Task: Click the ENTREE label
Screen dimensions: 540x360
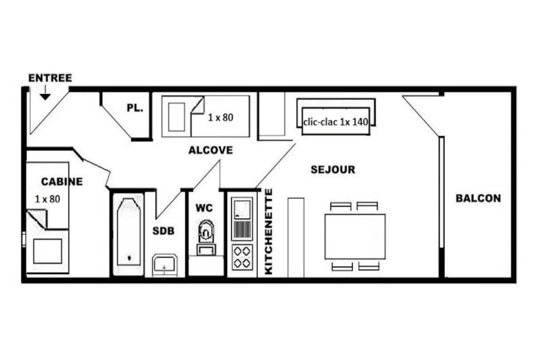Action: click(x=50, y=78)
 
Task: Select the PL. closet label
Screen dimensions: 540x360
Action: click(x=135, y=108)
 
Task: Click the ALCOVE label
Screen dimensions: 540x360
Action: click(x=210, y=150)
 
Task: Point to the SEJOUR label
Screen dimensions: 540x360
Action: click(x=333, y=170)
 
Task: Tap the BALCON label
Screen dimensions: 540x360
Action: click(x=478, y=199)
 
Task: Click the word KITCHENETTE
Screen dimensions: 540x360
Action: click(x=269, y=231)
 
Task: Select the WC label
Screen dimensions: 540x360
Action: click(x=204, y=208)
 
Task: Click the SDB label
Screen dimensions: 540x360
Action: click(x=163, y=231)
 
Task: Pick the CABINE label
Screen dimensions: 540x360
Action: click(x=62, y=182)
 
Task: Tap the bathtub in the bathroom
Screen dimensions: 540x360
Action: click(x=129, y=231)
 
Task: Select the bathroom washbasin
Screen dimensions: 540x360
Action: click(x=165, y=265)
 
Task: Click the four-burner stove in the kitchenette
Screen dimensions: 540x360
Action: click(x=242, y=257)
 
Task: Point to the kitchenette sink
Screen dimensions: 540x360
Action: click(x=242, y=219)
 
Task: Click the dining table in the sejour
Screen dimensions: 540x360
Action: click(x=355, y=237)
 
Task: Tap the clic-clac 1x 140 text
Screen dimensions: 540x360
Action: click(x=336, y=122)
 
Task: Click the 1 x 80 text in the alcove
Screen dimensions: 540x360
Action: click(x=221, y=117)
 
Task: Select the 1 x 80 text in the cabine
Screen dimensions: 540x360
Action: click(x=47, y=199)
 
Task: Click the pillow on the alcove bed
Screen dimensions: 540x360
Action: click(x=177, y=117)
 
